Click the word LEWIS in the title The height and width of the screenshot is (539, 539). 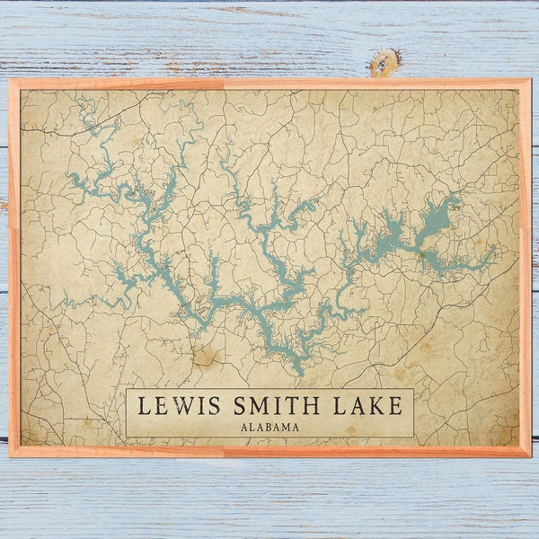pyautogui.click(x=175, y=406)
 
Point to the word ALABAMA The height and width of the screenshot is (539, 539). pyautogui.click(x=269, y=427)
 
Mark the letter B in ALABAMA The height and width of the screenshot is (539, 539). pyautogui.click(x=269, y=427)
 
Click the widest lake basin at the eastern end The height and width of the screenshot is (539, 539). pyautogui.click(x=437, y=218)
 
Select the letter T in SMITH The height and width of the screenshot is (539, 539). pyautogui.click(x=287, y=406)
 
